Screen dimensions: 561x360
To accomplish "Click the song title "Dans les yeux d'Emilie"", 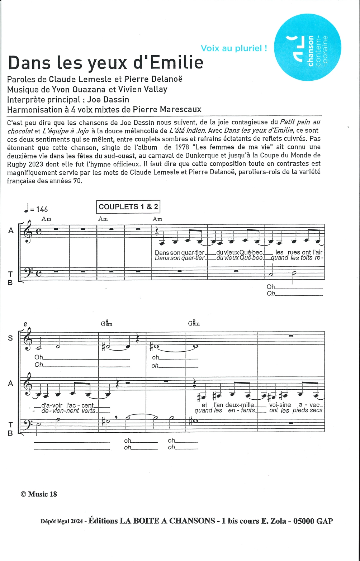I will (105, 62).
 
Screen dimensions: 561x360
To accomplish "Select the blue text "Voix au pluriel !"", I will (234, 48).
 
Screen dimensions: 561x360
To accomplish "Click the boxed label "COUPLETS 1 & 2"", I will (128, 207).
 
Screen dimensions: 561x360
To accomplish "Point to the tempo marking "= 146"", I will (39, 209).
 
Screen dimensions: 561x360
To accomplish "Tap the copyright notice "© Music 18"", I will (39, 494).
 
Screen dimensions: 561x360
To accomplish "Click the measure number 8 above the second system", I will (25, 324).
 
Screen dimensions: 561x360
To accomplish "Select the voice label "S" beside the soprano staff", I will (10, 338).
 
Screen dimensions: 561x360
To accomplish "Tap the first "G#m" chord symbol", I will (106, 324).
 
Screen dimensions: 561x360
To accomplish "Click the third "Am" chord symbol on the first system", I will (157, 219).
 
